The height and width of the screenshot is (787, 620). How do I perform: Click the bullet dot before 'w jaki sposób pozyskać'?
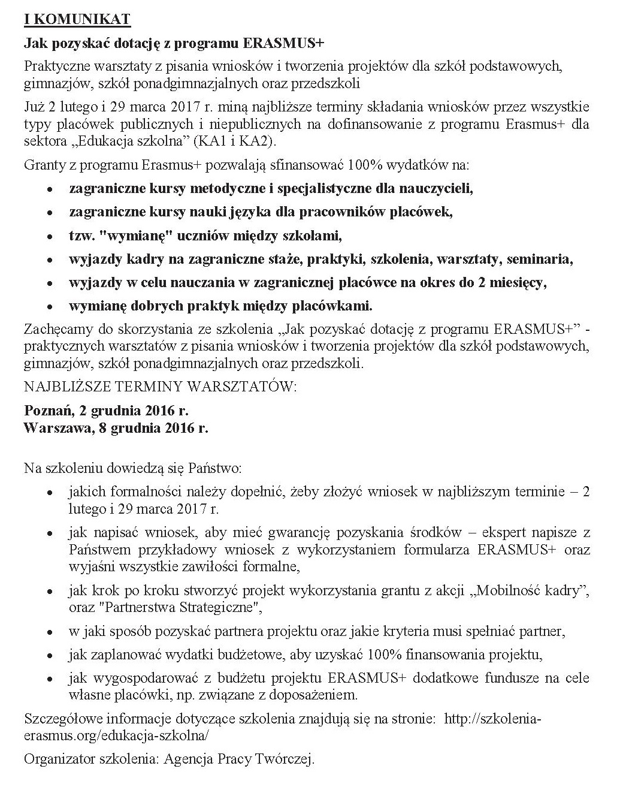[52, 632]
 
